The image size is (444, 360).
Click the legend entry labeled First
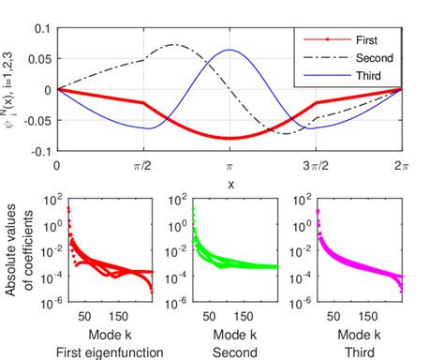(368, 41)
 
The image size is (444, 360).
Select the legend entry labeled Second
(374, 57)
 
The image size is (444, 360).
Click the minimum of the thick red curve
(229, 138)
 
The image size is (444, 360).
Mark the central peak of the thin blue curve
(229, 50)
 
